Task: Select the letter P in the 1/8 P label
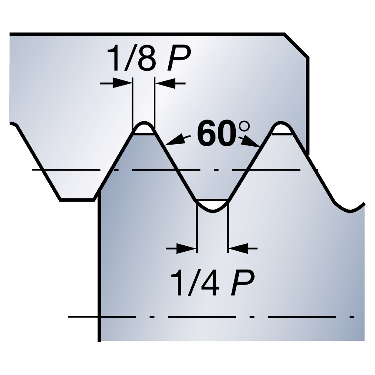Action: coord(179,58)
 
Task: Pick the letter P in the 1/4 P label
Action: coord(242,282)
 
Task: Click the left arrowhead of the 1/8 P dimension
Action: coord(122,83)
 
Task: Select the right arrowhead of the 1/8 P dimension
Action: coord(165,83)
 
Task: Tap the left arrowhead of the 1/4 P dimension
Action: coord(187,248)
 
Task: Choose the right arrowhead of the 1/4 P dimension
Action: coord(238,248)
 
